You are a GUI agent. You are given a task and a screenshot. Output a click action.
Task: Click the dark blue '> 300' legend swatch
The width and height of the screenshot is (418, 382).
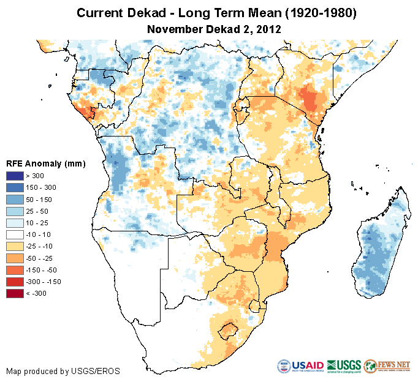tap(15, 176)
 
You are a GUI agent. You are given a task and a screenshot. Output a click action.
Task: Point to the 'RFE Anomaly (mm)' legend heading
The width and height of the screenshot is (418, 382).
tap(45, 164)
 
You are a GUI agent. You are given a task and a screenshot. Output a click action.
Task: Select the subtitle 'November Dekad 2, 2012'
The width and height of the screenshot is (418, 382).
tap(209, 29)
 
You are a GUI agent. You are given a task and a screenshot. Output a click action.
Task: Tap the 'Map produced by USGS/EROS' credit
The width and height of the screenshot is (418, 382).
tap(63, 371)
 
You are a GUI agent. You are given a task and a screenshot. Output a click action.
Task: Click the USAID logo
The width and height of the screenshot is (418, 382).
tap(300, 366)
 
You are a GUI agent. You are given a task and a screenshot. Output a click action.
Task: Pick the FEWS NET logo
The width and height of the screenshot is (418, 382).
tap(387, 366)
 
